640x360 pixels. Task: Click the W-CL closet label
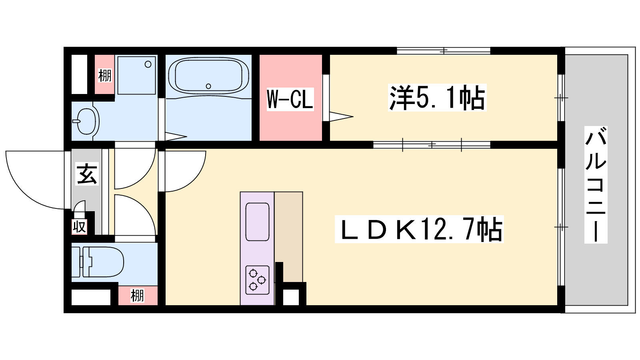point(290,99)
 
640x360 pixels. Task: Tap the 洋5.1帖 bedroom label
point(437,98)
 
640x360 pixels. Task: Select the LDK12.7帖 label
point(419,230)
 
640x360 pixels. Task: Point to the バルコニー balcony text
point(596,184)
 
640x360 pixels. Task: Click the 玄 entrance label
point(87,174)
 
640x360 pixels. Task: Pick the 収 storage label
point(80,227)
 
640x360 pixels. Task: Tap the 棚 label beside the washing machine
point(105,76)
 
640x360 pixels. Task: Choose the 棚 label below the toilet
point(137,296)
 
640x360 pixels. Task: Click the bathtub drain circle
point(208,86)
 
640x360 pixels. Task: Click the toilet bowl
point(103,262)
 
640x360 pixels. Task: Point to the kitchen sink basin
point(257,222)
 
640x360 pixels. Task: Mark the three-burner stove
point(257,280)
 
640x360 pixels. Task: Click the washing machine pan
point(136,75)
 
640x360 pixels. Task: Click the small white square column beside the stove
point(291,297)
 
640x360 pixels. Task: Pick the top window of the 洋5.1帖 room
point(444,51)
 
